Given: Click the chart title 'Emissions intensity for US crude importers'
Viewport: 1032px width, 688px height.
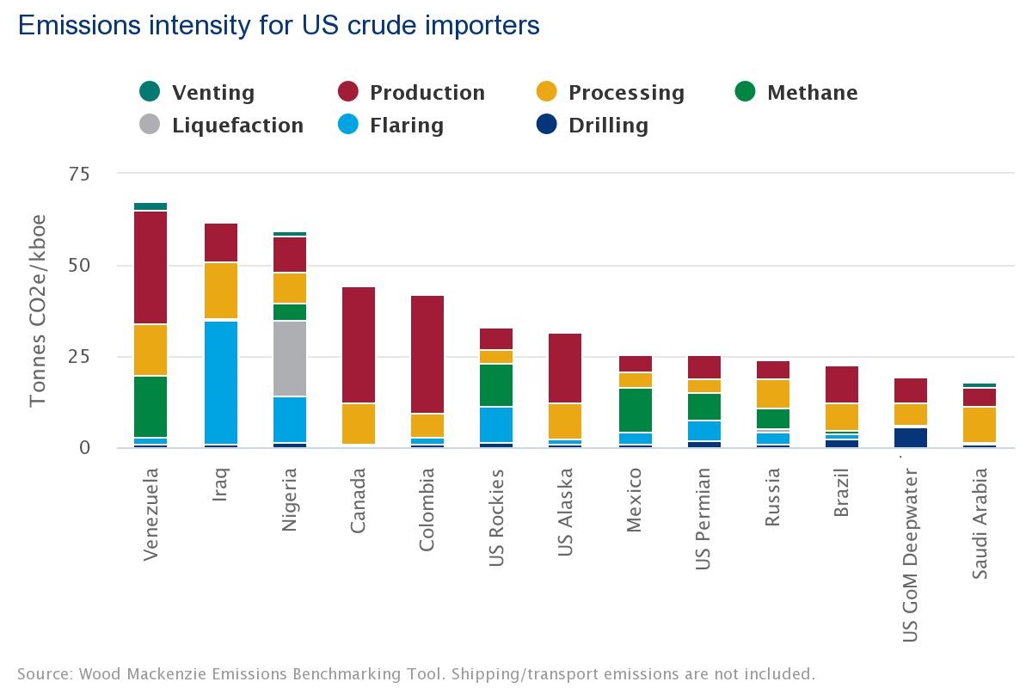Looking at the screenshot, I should [279, 26].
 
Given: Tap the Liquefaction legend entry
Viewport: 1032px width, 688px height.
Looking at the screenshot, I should [221, 126].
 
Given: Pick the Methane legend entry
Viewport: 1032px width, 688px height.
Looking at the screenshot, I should [796, 92].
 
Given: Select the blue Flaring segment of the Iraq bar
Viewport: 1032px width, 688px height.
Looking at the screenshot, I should [220, 383].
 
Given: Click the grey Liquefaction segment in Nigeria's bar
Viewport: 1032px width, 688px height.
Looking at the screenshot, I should [290, 359].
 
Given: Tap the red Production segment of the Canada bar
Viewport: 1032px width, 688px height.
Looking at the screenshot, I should [359, 344].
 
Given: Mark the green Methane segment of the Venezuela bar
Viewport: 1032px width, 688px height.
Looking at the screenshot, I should [150, 406].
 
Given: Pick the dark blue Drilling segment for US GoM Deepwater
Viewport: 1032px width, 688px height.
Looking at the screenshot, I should [910, 437].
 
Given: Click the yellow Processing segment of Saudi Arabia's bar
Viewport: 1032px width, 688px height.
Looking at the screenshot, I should [979, 424].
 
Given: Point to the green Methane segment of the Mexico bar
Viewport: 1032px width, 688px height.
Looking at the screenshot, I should [635, 409].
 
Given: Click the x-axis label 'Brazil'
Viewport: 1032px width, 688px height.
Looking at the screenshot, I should [842, 492].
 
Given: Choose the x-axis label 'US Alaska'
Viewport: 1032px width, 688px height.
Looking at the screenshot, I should [566, 513].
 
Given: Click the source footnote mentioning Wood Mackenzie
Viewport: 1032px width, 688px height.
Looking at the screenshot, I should [415, 673].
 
